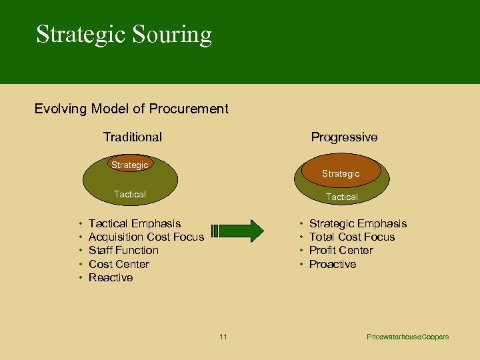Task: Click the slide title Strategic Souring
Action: [124, 35]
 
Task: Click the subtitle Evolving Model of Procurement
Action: [131, 109]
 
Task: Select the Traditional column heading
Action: [132, 137]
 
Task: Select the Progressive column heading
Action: [344, 137]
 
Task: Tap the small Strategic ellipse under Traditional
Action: [130, 165]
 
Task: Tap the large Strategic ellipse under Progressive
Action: [341, 172]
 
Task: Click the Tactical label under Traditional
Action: [130, 194]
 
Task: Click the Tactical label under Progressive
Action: [341, 197]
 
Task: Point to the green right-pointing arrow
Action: [238, 231]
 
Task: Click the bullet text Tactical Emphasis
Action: [135, 223]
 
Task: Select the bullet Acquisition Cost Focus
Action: [146, 237]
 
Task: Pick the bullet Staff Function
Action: [123, 250]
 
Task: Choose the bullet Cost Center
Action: [119, 264]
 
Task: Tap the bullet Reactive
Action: [111, 277]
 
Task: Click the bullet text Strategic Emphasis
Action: [357, 223]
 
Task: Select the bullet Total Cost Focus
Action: [351, 237]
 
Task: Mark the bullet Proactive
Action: [333, 264]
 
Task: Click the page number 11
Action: [223, 337]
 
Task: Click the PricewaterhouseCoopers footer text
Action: [408, 337]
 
